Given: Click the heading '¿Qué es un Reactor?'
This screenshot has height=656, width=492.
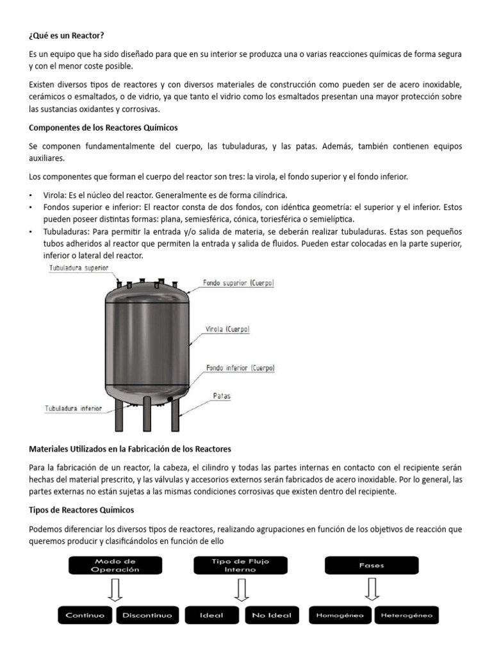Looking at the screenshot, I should point(67,35).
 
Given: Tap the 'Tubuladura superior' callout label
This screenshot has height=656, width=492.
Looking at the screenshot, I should point(79,268).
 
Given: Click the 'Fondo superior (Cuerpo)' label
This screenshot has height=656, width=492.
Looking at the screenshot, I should point(239,282).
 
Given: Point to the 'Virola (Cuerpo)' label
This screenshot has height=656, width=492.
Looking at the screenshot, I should point(227,329).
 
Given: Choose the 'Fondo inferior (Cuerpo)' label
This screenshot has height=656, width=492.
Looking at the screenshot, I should point(240,368).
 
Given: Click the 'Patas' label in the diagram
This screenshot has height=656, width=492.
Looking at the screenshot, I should point(222,396).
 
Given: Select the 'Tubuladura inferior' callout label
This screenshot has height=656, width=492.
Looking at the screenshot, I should point(73,407).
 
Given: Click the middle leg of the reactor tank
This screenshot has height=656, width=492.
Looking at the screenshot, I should point(147,414).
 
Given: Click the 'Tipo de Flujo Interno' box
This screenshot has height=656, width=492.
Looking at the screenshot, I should point(240,565).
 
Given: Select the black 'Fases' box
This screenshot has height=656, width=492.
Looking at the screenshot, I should point(372,565).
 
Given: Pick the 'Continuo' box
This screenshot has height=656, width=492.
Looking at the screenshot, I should point(85,615).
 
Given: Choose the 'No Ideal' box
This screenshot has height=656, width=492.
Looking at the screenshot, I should point(272,615).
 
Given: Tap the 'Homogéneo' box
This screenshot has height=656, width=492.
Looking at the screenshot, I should point(339,615).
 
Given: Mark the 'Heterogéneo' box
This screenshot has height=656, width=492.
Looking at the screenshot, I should point(406,615).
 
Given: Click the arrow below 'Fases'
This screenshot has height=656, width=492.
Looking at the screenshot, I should point(372,589).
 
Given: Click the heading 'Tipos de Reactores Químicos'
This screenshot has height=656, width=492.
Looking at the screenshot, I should point(82,510).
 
